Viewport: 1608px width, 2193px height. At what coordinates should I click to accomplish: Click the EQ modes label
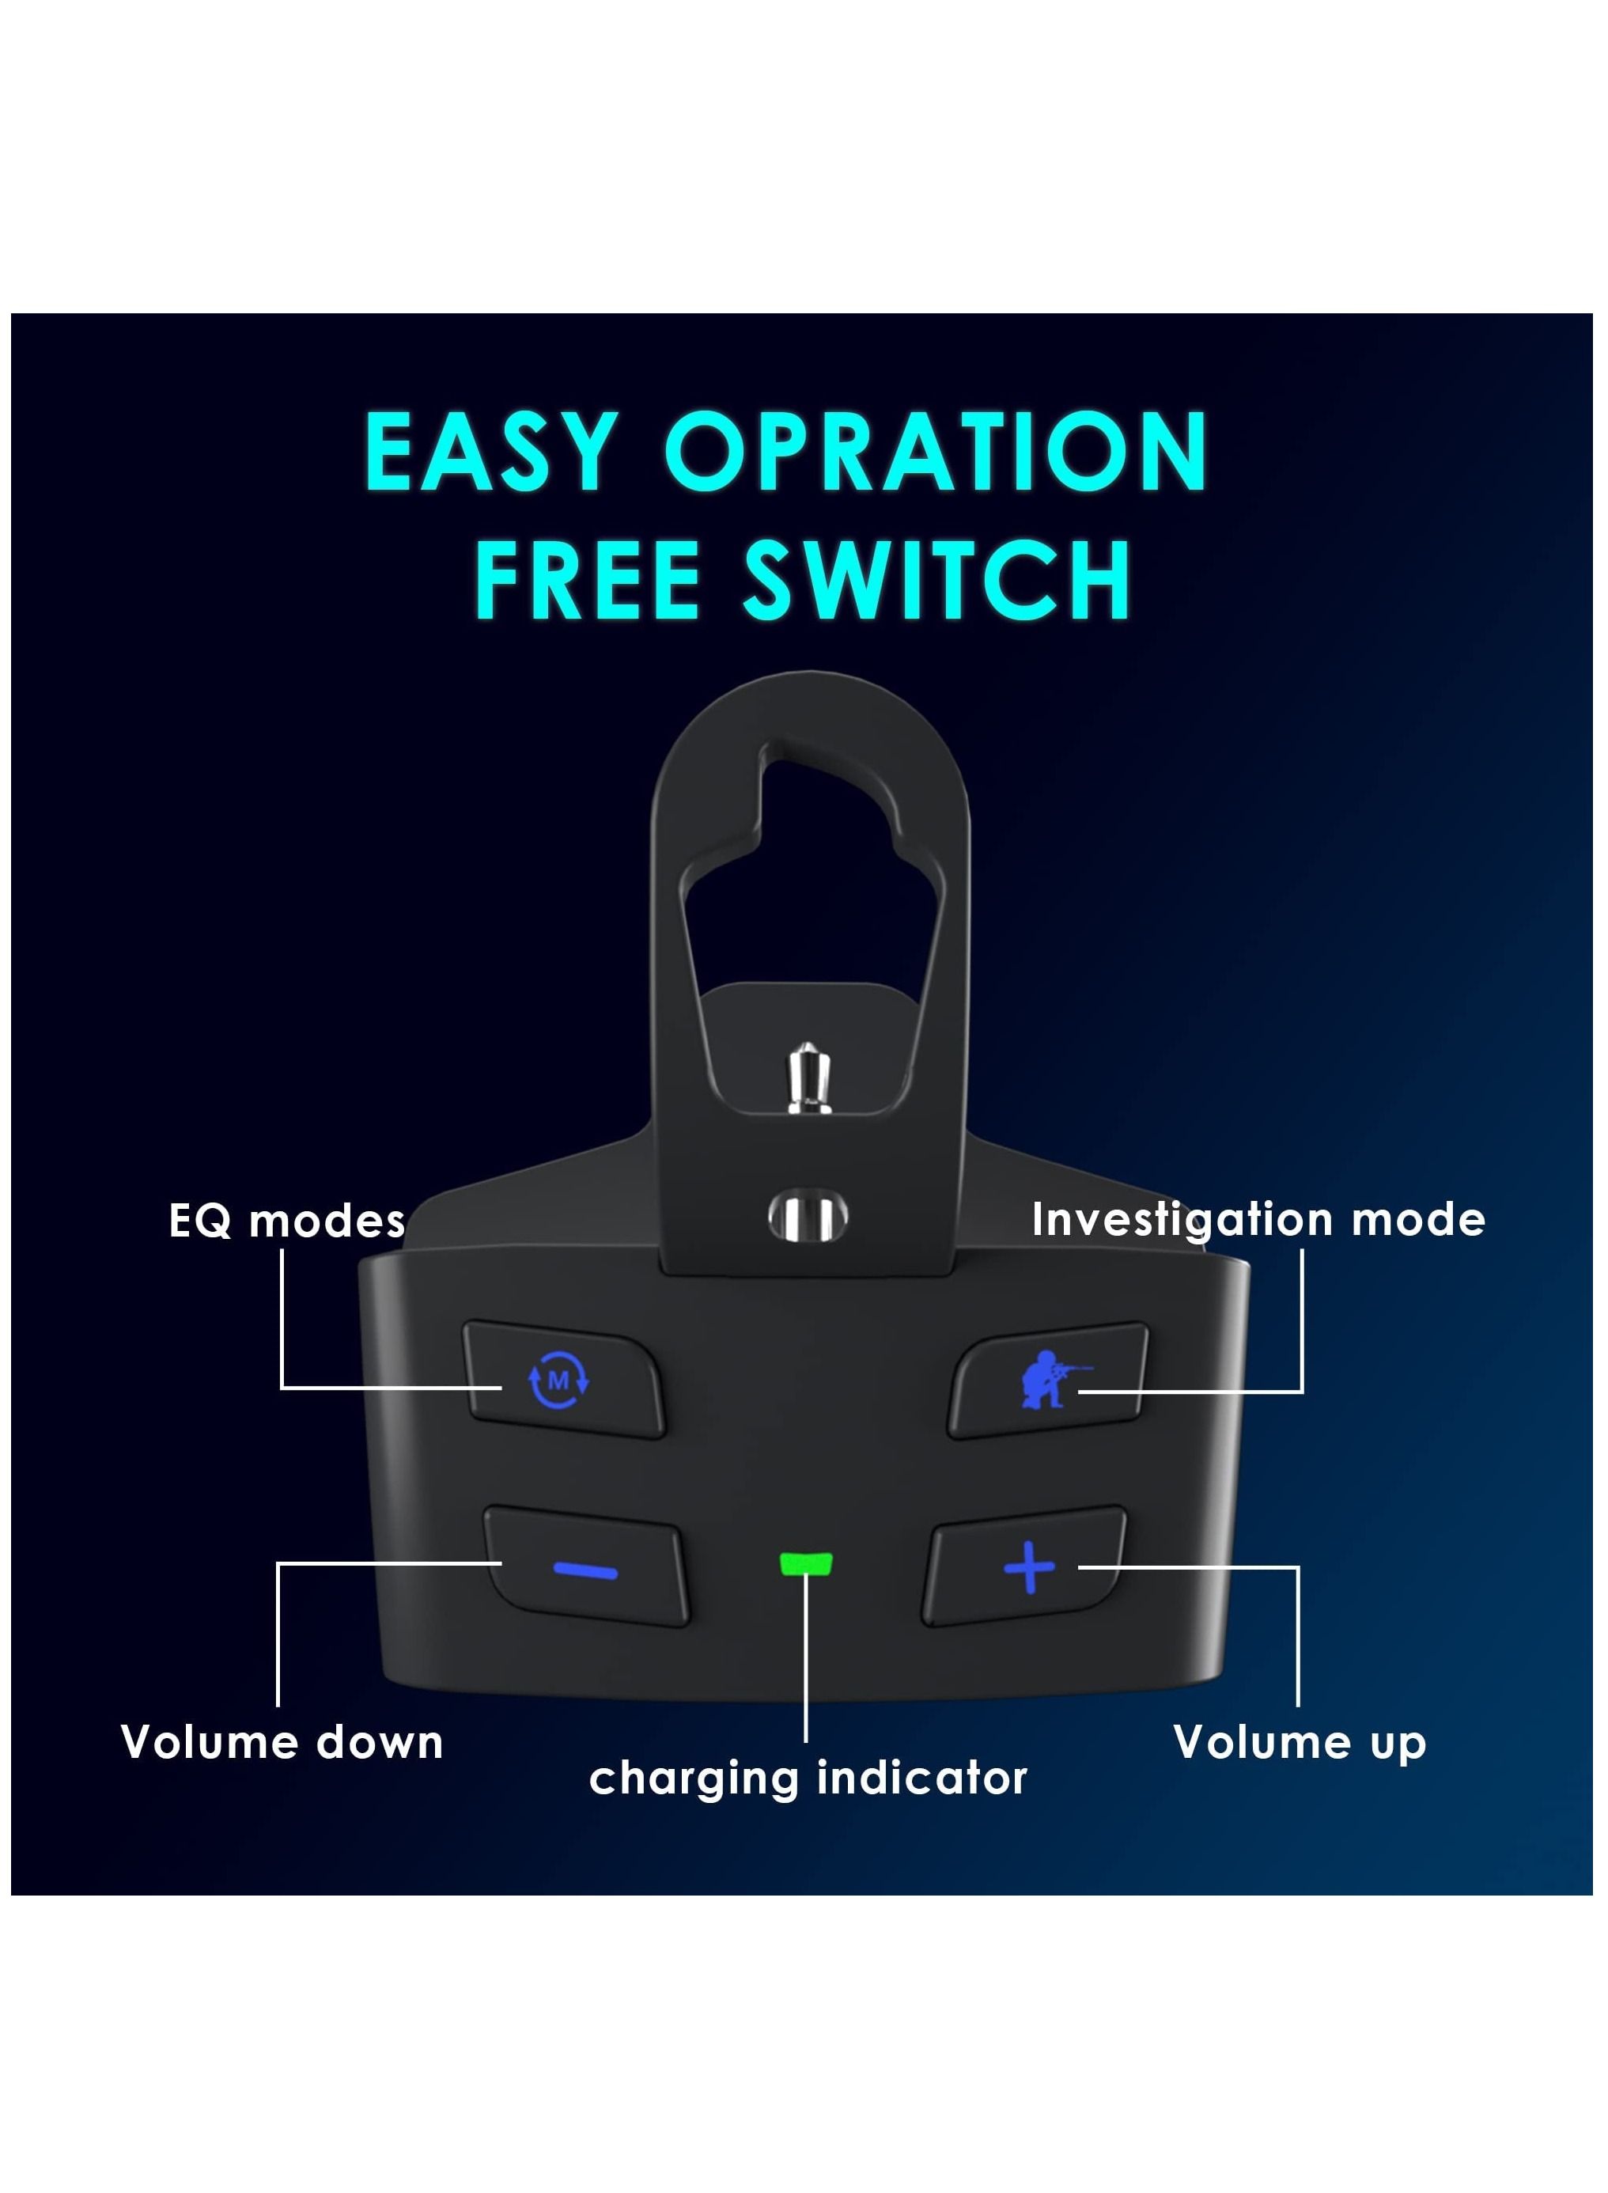click(287, 1221)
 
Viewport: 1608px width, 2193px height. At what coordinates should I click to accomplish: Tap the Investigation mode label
click(1258, 1220)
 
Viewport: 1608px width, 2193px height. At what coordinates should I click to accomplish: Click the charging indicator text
click(808, 1778)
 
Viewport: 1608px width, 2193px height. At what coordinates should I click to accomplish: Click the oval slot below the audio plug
click(807, 1217)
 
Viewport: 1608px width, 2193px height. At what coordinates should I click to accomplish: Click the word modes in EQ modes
click(327, 1221)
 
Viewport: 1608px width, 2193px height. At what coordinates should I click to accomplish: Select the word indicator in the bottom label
click(921, 1778)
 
